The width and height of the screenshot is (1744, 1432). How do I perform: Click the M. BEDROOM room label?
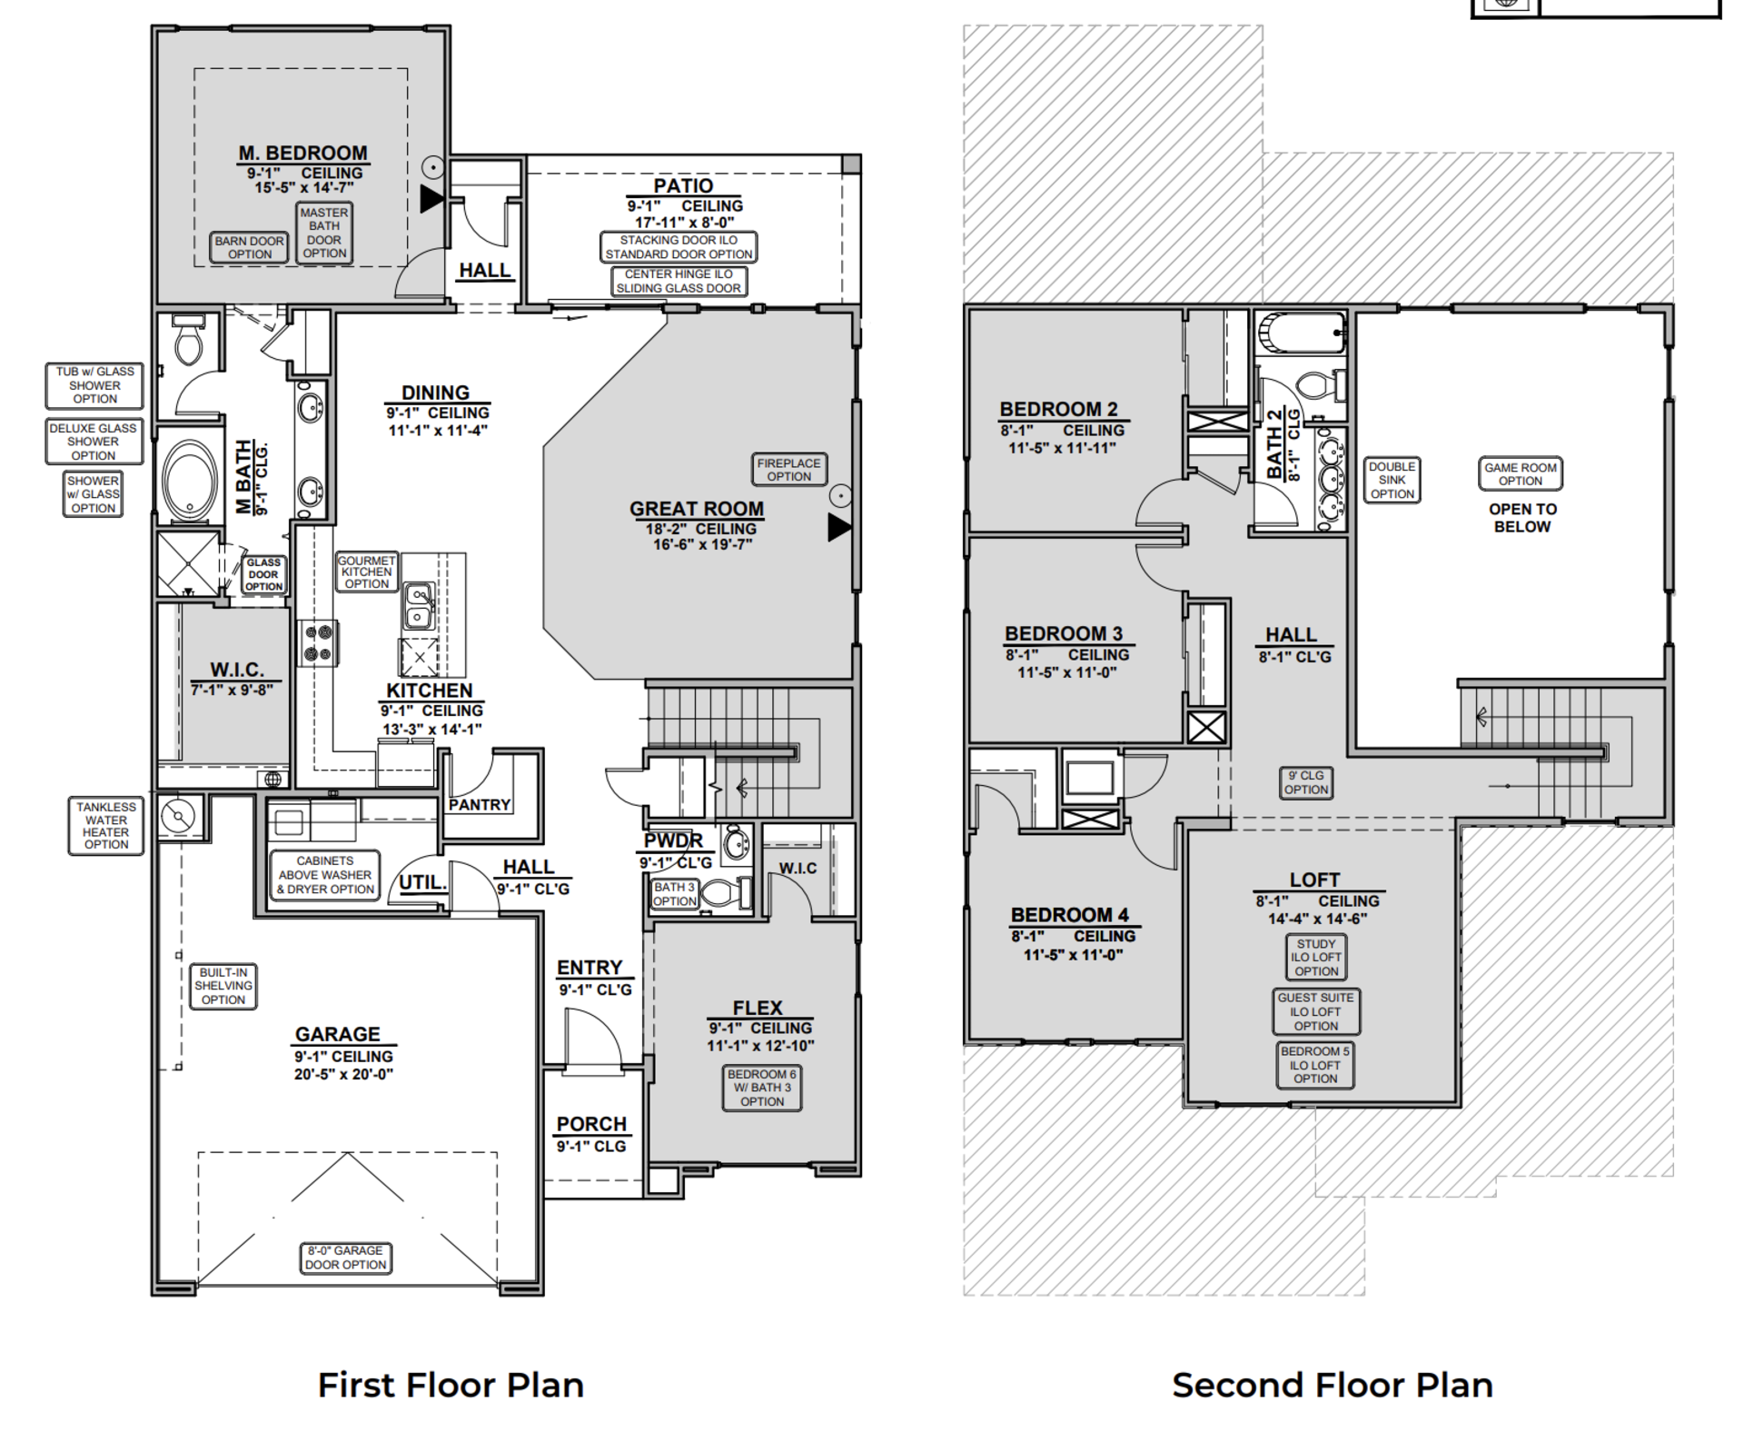click(x=302, y=154)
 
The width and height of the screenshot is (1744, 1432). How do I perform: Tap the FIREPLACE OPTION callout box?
click(x=788, y=469)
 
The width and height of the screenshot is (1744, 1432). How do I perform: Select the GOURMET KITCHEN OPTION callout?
click(x=366, y=572)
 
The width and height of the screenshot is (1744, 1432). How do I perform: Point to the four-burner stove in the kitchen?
click(x=318, y=642)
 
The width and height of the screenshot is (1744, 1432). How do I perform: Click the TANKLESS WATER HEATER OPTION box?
click(x=105, y=825)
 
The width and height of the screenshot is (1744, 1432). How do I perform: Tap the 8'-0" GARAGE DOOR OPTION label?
click(x=345, y=1258)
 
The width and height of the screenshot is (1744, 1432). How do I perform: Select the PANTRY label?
click(x=479, y=805)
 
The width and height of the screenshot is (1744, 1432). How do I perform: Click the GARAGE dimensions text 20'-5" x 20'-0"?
click(x=342, y=1074)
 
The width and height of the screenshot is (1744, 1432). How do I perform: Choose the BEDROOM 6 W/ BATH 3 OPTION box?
click(x=761, y=1088)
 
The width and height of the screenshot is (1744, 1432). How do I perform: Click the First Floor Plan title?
click(x=451, y=1385)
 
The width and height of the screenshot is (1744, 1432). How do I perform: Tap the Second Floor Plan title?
click(x=1332, y=1385)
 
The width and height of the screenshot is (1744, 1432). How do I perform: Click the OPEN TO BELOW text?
click(x=1521, y=518)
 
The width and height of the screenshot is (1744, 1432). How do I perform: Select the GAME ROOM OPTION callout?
click(x=1520, y=473)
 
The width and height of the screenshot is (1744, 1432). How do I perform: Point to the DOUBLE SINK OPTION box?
click(x=1392, y=480)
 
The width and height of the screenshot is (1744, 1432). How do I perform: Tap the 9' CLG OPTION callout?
click(x=1305, y=782)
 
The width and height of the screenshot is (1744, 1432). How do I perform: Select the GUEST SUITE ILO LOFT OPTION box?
click(x=1315, y=1011)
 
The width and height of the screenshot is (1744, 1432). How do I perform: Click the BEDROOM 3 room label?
click(x=1063, y=633)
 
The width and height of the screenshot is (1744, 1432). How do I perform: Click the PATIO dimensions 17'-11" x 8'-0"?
click(x=684, y=222)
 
